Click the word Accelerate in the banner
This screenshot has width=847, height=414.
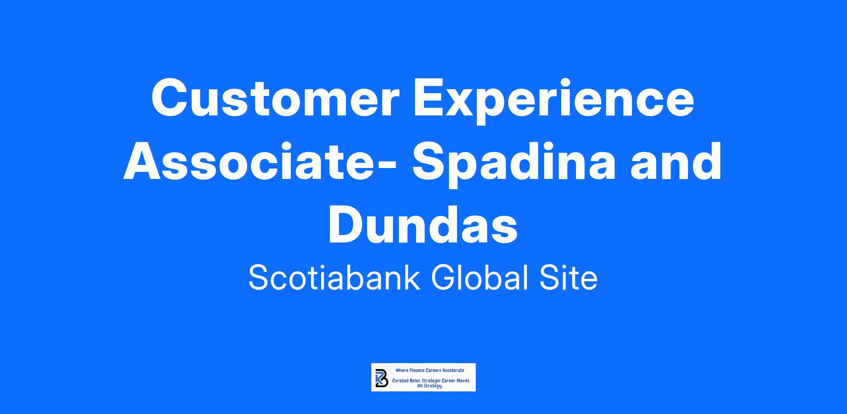[453, 370]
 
